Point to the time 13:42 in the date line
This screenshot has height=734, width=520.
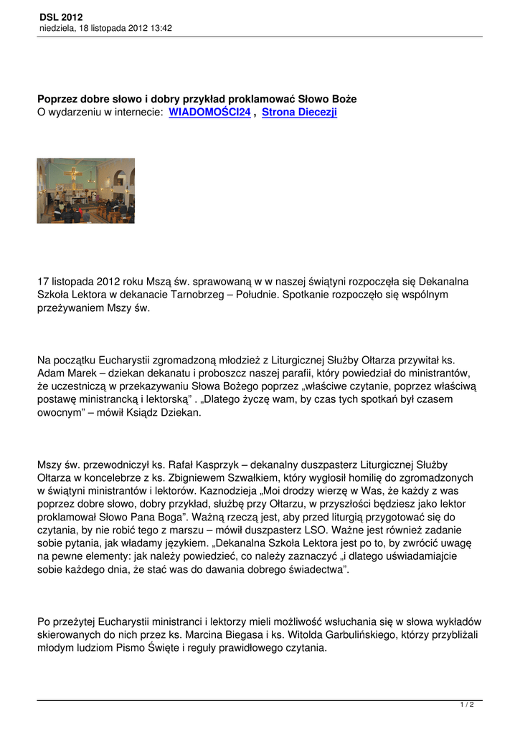point(160,28)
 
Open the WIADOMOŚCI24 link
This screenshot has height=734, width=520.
point(209,113)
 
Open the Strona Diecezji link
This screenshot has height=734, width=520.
point(299,113)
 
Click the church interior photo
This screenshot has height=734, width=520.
point(86,191)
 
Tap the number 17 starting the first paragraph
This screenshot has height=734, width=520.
point(43,282)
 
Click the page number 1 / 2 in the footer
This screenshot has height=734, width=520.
point(467,705)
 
